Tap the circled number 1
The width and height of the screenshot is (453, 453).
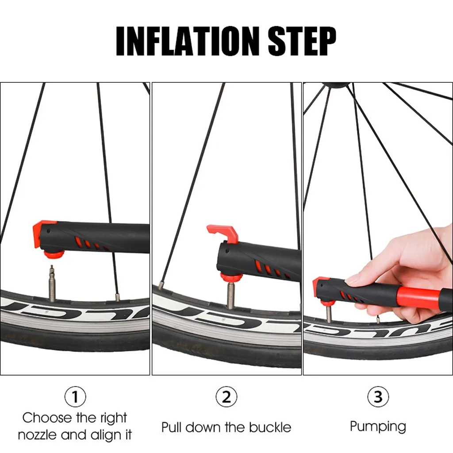click(75, 397)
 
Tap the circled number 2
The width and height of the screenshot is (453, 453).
click(226, 397)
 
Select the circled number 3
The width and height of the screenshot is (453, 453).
click(378, 397)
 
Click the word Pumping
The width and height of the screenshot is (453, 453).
click(378, 426)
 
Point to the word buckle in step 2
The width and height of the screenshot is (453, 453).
click(270, 427)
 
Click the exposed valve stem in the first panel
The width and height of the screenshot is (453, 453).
click(52, 283)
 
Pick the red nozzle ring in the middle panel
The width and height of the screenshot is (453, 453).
click(232, 278)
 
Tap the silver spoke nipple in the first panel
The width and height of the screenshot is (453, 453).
click(117, 297)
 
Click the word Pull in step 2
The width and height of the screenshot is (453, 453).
click(171, 427)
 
